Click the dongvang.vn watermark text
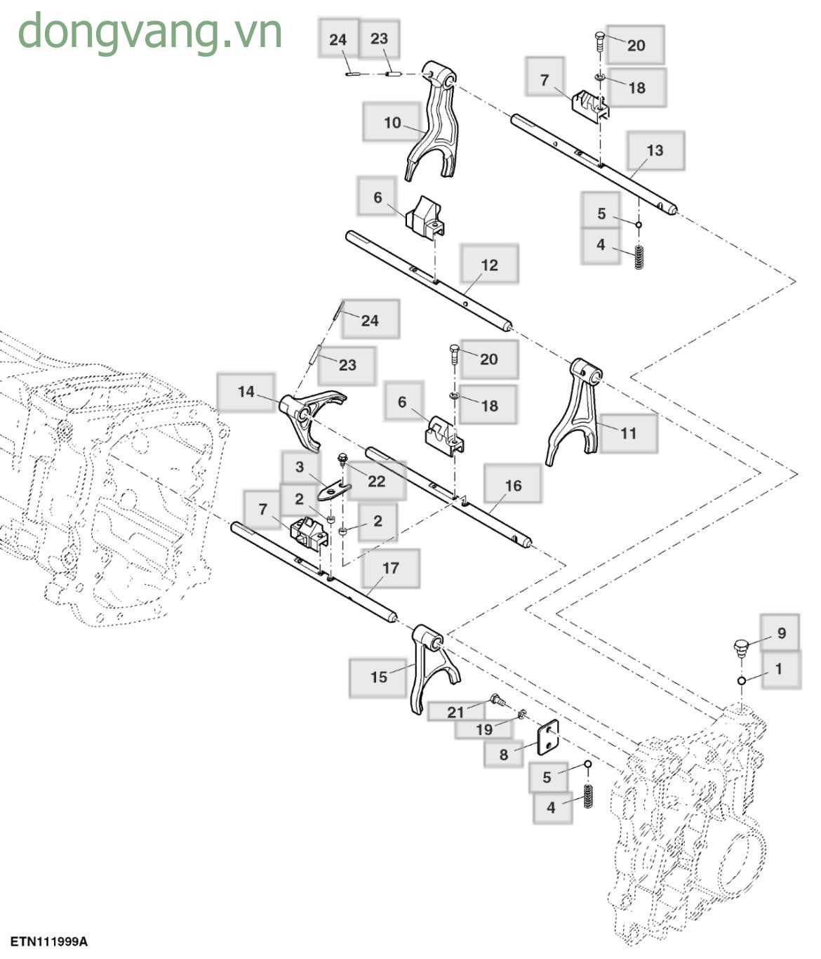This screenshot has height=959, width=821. (149, 32)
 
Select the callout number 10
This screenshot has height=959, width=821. (392, 123)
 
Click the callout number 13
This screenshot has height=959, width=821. (654, 150)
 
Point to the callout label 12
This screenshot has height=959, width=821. (489, 265)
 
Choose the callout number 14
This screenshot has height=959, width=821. (246, 391)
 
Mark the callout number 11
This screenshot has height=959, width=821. (628, 433)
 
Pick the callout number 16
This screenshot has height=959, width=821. (513, 485)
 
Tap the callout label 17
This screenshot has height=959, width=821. (390, 568)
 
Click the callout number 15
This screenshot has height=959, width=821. (378, 677)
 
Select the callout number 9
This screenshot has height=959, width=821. (781, 633)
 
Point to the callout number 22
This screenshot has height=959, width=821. (377, 481)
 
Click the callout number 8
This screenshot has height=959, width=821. (503, 755)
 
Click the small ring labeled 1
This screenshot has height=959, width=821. (741, 680)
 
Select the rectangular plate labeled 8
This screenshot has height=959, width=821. (547, 739)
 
